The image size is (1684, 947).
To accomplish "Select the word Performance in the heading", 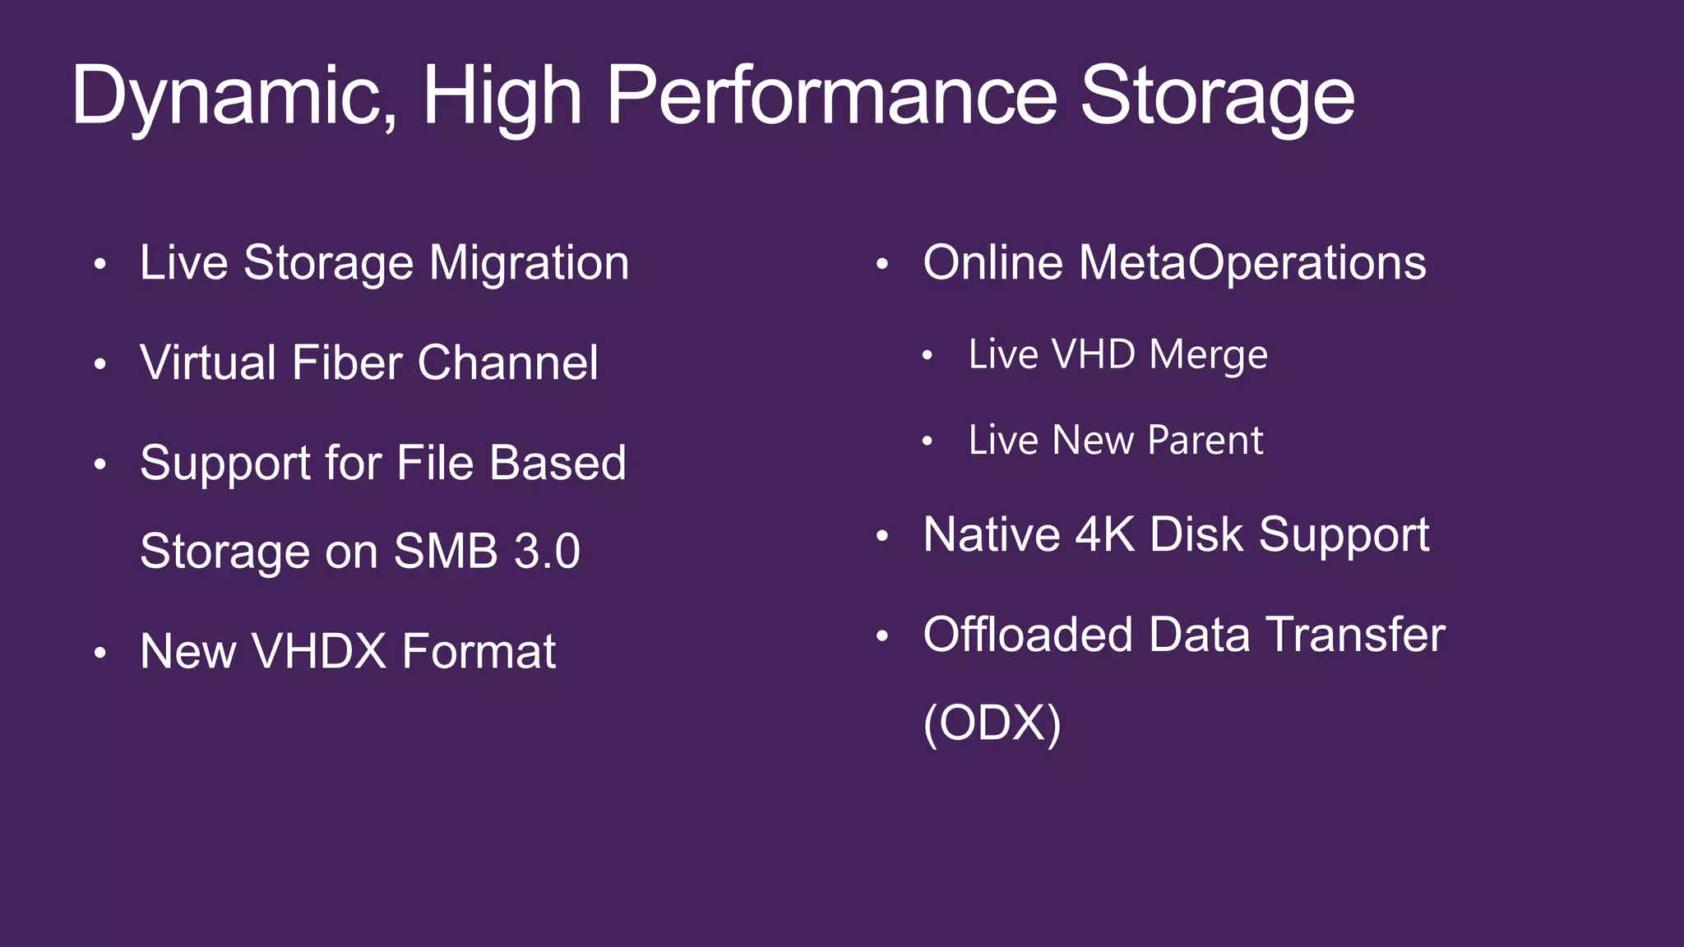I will tap(831, 97).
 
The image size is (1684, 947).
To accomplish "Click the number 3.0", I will tap(548, 551).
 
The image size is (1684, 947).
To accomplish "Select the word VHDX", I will tap(319, 651).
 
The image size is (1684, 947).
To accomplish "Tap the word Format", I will tap(479, 651).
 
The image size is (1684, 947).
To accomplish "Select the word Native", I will tap(992, 534).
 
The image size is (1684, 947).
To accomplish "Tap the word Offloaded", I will tap(1028, 635).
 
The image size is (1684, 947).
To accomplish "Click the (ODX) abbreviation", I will tap(992, 723).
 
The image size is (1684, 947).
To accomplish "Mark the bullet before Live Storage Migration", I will tap(100, 265).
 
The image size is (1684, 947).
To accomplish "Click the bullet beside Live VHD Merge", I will tap(928, 356).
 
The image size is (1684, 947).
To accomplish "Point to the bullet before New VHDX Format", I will tap(100, 654).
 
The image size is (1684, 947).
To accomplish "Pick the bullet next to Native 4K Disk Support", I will tap(882, 537).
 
